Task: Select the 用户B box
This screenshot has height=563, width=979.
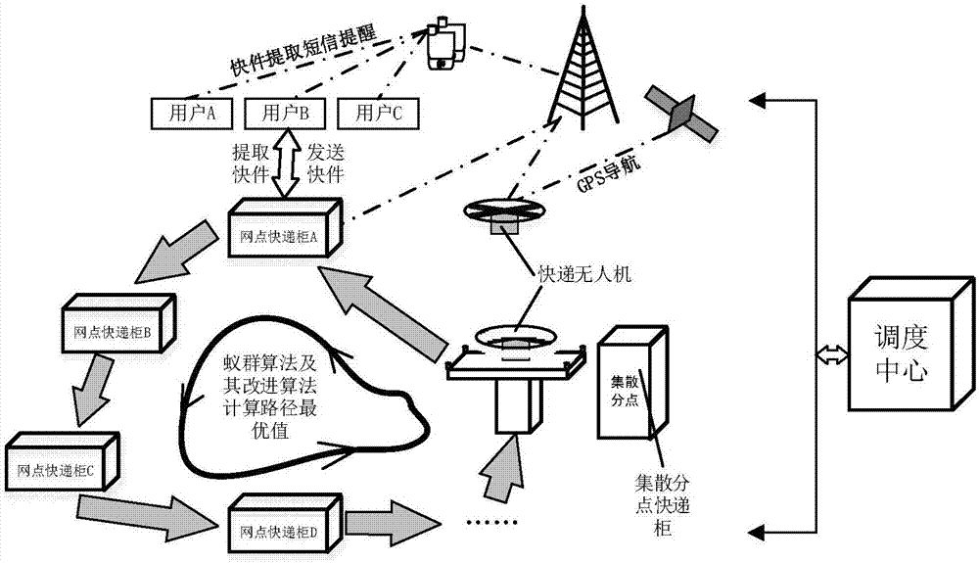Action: [282, 113]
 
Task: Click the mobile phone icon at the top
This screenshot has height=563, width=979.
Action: [444, 44]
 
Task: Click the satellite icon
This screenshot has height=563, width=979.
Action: [680, 113]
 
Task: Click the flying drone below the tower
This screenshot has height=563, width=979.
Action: [506, 212]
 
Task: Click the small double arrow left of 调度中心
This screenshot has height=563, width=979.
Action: [828, 358]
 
